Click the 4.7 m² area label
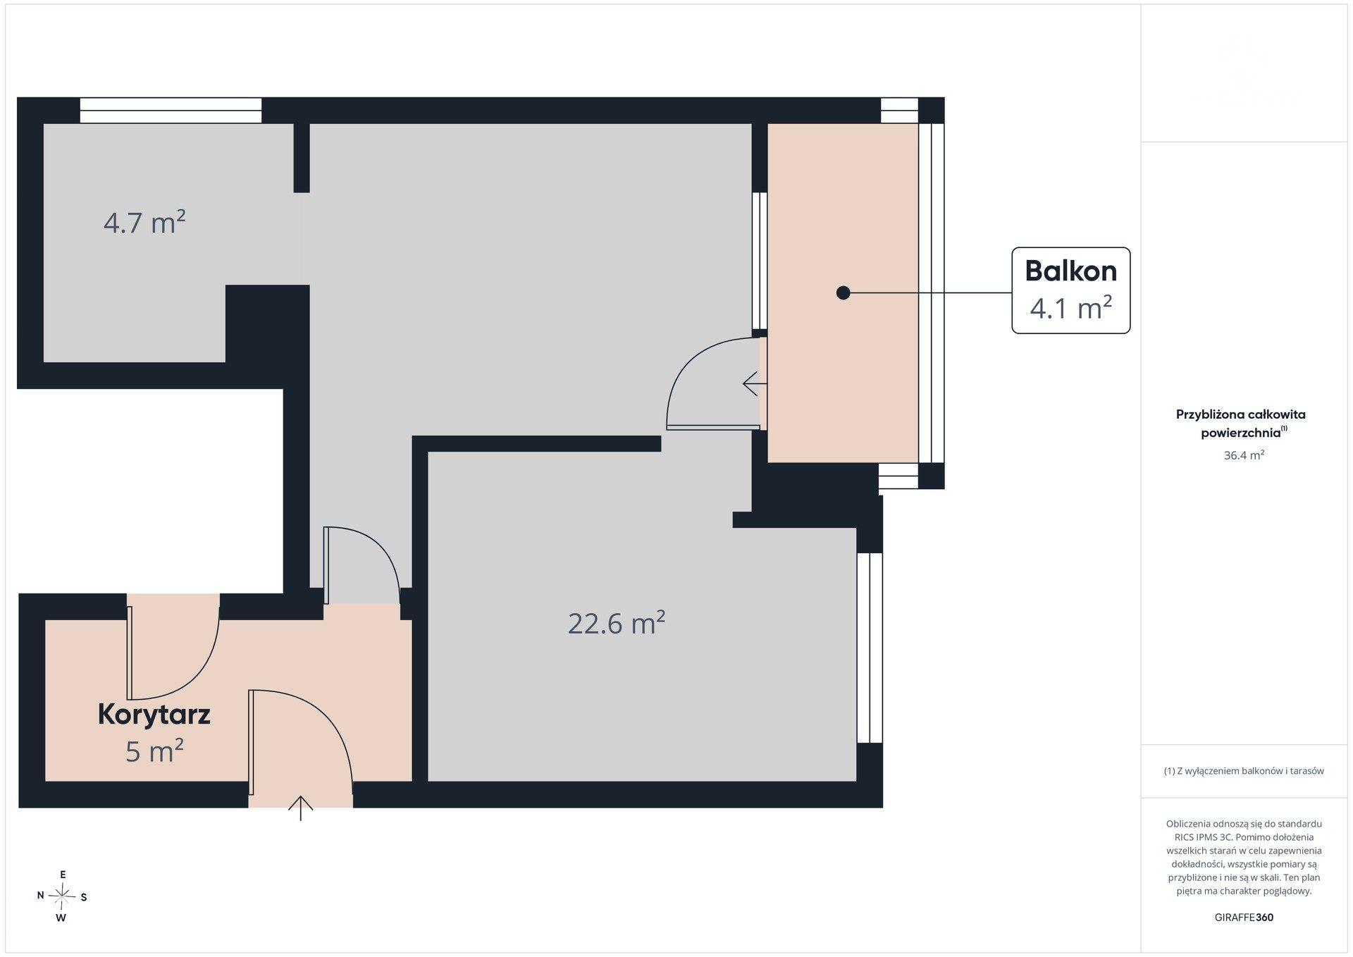[144, 223]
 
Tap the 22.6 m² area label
[617, 624]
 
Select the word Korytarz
[154, 715]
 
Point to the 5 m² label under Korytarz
[154, 752]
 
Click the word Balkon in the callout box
[1071, 271]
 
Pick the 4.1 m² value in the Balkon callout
[1071, 308]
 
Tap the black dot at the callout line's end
[843, 292]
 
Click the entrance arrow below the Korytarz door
[301, 808]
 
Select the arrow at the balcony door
[755, 384]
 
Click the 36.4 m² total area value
[1244, 455]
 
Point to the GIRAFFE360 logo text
[1244, 918]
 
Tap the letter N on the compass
[41, 895]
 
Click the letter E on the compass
[63, 875]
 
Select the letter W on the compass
[61, 918]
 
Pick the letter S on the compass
[84, 897]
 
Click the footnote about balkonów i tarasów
[1244, 771]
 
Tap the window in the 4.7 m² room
[171, 111]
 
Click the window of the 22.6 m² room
[870, 648]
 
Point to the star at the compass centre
[62, 896]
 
